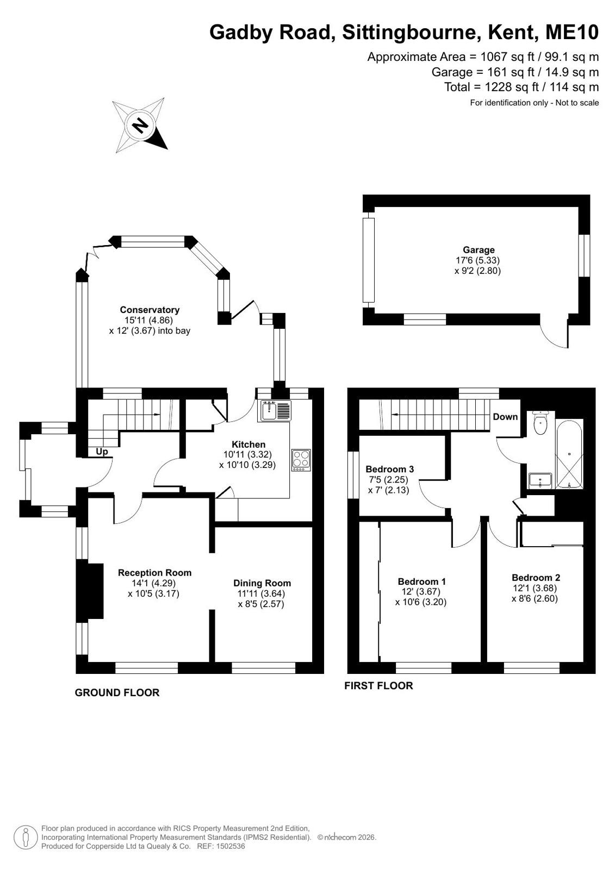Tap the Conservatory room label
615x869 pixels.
150,310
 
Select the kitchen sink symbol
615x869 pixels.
274,411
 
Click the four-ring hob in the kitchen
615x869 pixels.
301,460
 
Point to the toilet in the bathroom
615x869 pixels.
540,422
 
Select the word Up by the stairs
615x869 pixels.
102,452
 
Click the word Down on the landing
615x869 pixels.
505,417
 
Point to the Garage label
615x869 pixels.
479,250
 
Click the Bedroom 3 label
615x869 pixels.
389,469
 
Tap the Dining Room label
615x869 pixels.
262,583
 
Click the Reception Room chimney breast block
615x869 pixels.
90,591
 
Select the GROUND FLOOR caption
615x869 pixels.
117,693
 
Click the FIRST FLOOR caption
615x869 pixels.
378,686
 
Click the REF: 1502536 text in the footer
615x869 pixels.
221,846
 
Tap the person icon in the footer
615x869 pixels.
26,837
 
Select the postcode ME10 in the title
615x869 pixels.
572,32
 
